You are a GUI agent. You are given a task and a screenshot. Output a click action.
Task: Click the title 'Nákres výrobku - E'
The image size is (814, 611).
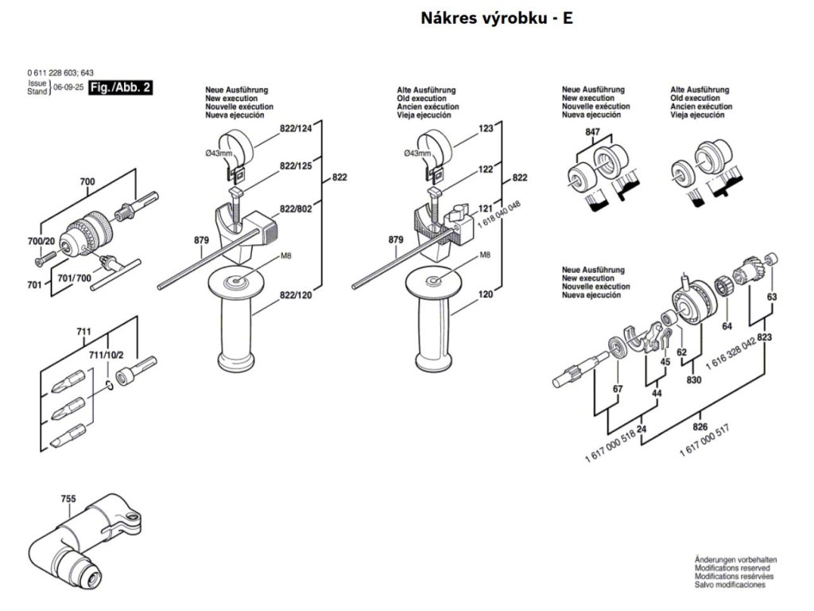click(x=497, y=19)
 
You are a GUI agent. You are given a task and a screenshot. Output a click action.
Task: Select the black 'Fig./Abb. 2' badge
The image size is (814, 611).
click(x=119, y=88)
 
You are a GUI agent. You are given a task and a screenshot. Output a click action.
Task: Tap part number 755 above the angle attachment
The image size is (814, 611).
click(x=68, y=500)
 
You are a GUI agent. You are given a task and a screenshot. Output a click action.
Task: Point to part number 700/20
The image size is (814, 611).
click(x=41, y=241)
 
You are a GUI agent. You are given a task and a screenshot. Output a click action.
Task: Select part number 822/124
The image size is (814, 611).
click(x=297, y=128)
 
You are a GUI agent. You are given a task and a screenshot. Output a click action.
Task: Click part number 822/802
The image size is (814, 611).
click(x=296, y=208)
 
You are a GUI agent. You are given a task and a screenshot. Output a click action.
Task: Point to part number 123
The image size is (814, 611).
click(x=486, y=128)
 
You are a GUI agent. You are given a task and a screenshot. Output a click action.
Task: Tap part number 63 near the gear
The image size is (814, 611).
click(x=771, y=297)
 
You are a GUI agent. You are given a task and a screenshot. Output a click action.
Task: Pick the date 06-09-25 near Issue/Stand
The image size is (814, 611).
click(x=68, y=88)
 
